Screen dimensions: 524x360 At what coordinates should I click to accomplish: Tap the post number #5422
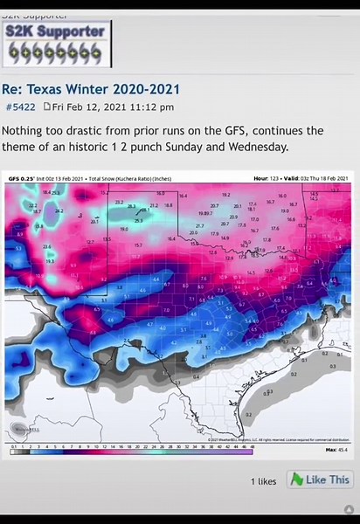point(20,107)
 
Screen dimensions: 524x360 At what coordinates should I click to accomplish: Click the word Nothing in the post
point(25,130)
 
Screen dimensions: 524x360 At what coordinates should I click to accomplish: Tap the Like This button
point(320,479)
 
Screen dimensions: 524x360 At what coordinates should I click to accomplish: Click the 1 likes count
point(264,480)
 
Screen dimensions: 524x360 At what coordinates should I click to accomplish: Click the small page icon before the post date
point(48,107)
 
